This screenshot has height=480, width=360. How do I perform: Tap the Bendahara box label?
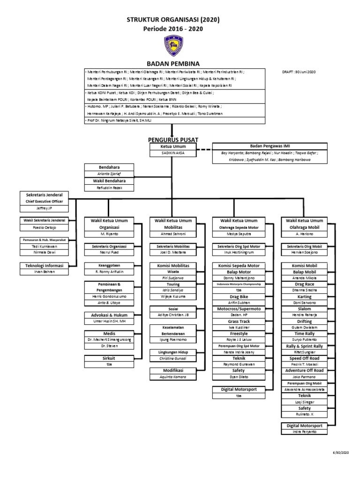pos(109,167)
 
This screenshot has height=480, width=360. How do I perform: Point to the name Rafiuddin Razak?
pos(109,188)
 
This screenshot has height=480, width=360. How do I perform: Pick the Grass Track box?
pos(240,322)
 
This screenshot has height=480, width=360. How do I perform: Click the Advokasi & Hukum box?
pos(109,315)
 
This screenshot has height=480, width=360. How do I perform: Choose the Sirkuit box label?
pos(109,357)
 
